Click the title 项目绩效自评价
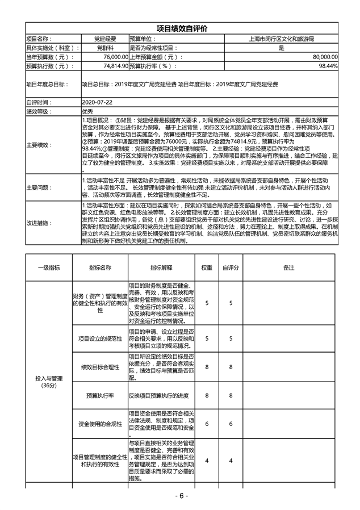pos(181,29)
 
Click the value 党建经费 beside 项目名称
pos(106,39)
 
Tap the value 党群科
pos(106,48)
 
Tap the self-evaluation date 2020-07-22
pos(97,103)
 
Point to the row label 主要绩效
pos(39,145)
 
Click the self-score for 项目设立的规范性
pos(231,339)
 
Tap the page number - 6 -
pos(180,496)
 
